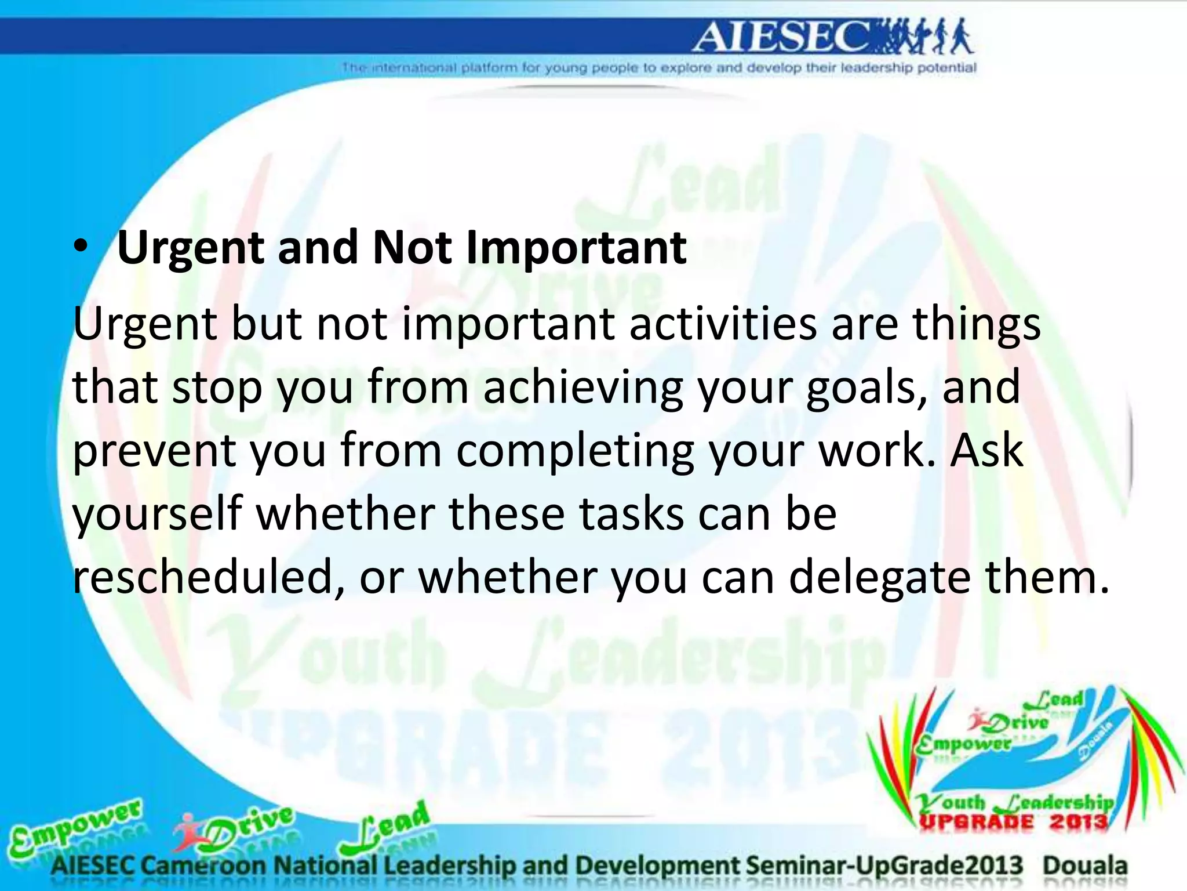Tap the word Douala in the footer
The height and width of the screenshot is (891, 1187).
pos(1085,865)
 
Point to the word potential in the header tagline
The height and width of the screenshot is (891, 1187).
pos(947,68)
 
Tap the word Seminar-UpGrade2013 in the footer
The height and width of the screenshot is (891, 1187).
pos(884,865)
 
